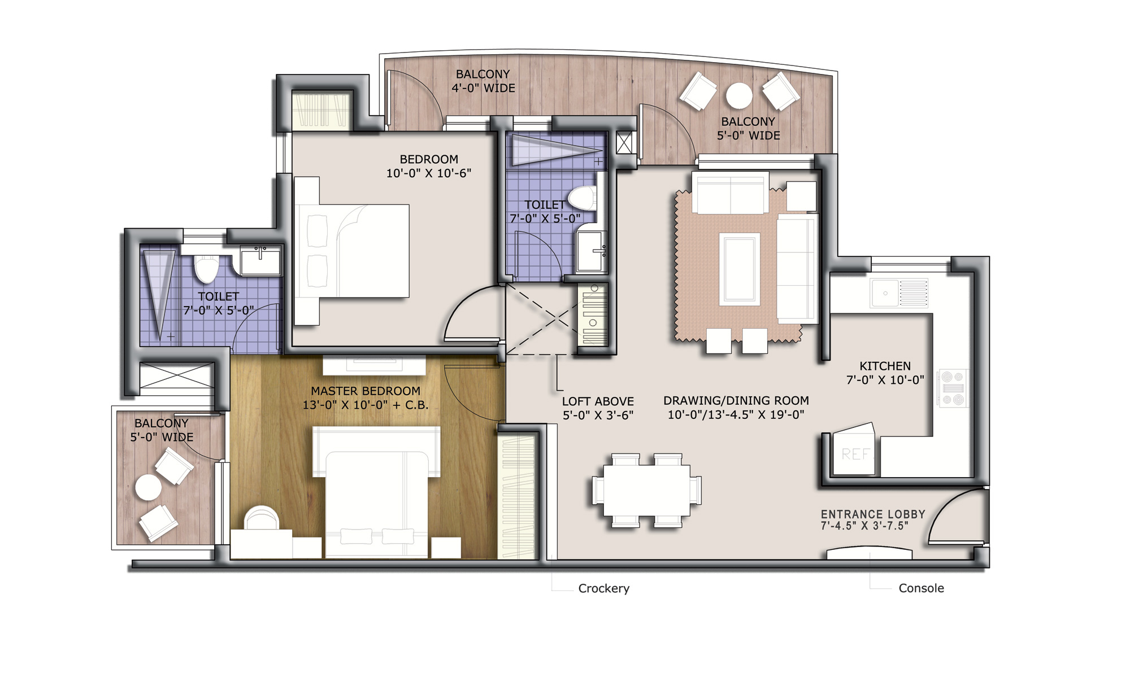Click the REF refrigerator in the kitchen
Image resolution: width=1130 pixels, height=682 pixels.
click(854, 449)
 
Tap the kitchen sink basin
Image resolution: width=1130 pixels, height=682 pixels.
click(885, 293)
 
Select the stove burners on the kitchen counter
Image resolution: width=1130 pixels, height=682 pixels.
click(953, 388)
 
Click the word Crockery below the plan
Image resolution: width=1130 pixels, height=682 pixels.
click(603, 588)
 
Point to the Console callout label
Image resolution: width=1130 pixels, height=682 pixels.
click(921, 588)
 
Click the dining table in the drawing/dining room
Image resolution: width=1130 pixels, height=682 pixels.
click(647, 490)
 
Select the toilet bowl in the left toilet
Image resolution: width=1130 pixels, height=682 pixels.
click(206, 268)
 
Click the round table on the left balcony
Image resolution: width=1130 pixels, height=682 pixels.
click(147, 487)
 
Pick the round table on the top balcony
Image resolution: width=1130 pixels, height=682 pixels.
click(739, 96)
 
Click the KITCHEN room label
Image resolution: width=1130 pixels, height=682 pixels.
click(885, 366)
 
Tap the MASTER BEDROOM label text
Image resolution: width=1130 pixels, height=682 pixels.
click(366, 391)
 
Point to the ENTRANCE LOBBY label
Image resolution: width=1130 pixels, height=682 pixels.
click(873, 514)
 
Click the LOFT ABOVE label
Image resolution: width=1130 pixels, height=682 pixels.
click(598, 401)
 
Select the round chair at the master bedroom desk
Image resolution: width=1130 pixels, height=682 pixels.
click(261, 518)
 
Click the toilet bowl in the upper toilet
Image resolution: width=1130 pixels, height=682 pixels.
click(582, 198)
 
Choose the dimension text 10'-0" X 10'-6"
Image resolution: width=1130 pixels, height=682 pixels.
click(428, 173)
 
